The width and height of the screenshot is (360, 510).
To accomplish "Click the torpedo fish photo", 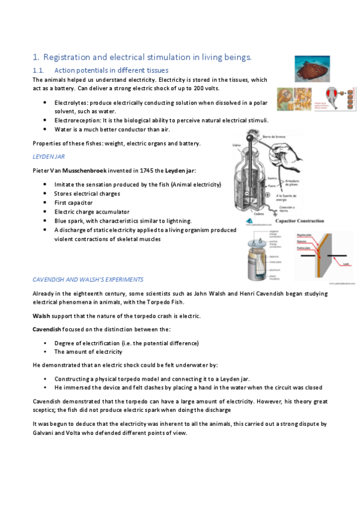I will click(311, 69).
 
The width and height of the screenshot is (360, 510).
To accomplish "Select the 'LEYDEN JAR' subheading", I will click(48, 156).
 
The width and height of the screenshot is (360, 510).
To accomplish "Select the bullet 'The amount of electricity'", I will click(88, 352).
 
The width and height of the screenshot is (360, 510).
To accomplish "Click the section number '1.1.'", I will click(39, 71).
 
